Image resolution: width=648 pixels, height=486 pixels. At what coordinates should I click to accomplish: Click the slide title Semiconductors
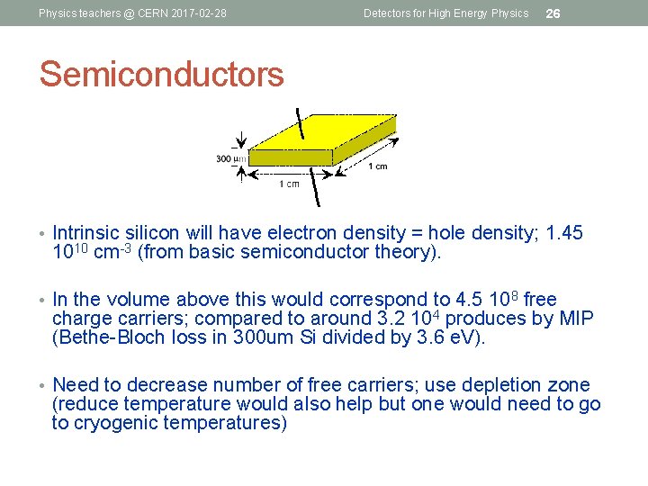[161, 74]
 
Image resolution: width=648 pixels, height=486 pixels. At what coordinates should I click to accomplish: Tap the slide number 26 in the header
[553, 13]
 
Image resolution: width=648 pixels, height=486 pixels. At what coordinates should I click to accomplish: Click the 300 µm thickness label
[230, 159]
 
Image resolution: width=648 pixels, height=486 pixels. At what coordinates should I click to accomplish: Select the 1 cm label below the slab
[290, 184]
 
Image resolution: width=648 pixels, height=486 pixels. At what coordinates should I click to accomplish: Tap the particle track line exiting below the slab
[315, 190]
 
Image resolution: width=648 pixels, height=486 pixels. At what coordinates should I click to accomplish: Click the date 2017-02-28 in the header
[194, 13]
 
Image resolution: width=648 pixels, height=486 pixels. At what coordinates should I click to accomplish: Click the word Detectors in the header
[386, 13]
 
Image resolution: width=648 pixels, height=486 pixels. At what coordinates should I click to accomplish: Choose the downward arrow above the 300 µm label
[240, 139]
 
